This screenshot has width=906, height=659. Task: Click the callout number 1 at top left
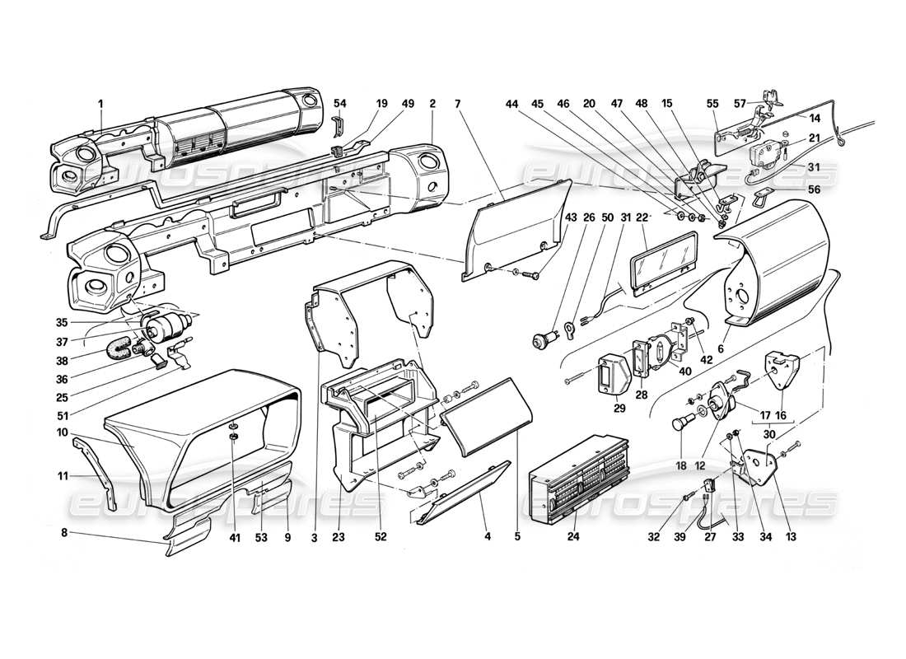[x=100, y=104]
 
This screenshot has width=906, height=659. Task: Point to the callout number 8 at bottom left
[x=65, y=533]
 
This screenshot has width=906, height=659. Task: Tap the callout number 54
[x=339, y=104]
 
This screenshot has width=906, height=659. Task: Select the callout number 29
[x=619, y=407]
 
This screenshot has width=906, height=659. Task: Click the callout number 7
[x=458, y=104]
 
